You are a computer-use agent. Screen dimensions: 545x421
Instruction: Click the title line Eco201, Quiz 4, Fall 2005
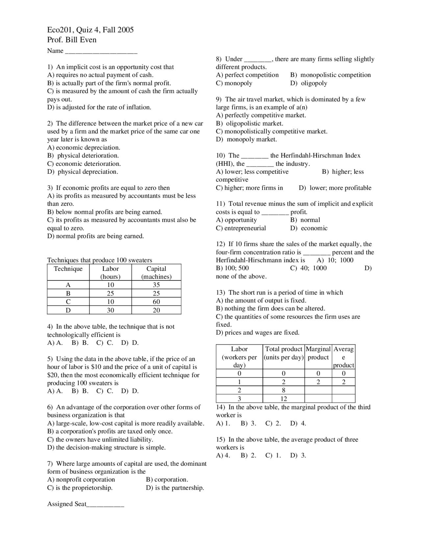pyautogui.click(x=90, y=30)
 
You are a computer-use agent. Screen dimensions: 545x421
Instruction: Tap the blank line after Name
pyautogui.click(x=101, y=51)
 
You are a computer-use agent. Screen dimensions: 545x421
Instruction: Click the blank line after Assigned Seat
pyautogui.click(x=105, y=505)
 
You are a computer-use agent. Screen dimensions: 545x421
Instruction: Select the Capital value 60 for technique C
pyautogui.click(x=156, y=301)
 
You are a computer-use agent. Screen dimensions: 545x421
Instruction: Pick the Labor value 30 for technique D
pyautogui.click(x=111, y=310)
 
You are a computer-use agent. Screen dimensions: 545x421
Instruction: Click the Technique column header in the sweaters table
pyautogui.click(x=68, y=269)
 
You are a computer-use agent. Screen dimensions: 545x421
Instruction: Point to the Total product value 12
pyautogui.click(x=284, y=399)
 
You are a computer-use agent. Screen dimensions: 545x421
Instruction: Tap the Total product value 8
pyautogui.click(x=284, y=390)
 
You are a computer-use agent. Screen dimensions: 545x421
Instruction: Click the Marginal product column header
pyautogui.click(x=318, y=353)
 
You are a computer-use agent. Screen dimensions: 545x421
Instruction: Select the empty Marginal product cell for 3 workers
pyautogui.click(x=318, y=399)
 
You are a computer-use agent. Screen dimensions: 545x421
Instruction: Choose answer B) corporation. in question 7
pyautogui.click(x=167, y=480)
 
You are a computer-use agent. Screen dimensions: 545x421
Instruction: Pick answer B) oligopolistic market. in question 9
pyautogui.click(x=250, y=123)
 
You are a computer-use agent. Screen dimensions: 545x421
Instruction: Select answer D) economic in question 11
pyautogui.click(x=309, y=228)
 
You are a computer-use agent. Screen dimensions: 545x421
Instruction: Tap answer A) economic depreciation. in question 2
pyautogui.click(x=84, y=147)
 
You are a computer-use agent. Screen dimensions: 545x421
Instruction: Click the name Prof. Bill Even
pyautogui.click(x=72, y=40)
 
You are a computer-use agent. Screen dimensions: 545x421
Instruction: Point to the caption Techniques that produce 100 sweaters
pyautogui.click(x=100, y=260)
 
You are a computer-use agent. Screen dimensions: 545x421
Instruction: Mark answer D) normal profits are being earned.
pyautogui.click(x=96, y=236)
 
